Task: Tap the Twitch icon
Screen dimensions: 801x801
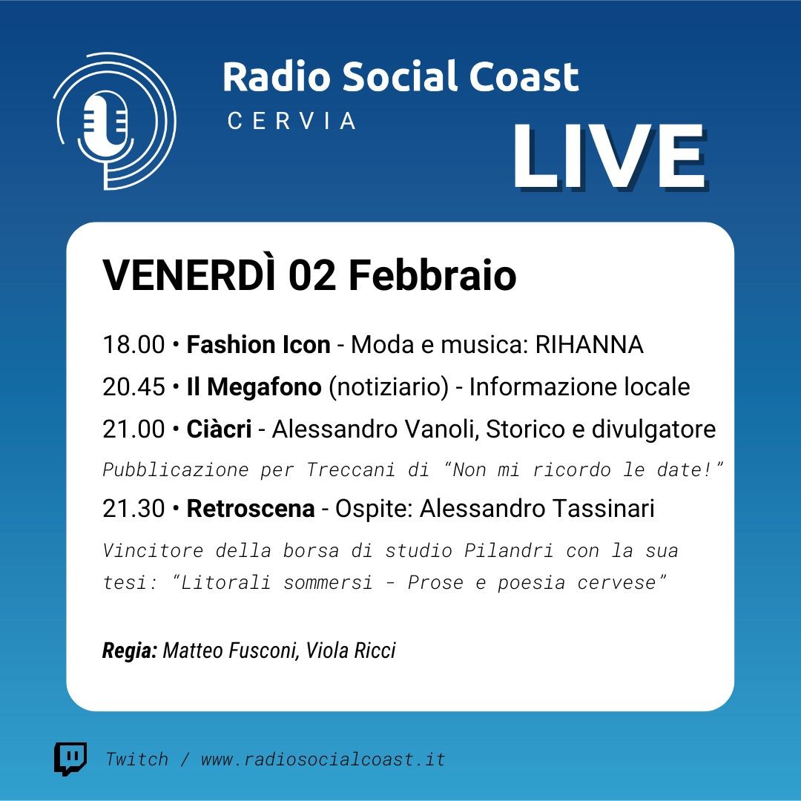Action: (x=70, y=759)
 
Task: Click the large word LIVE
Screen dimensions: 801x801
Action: (x=610, y=157)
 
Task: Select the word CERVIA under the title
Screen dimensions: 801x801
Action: (x=291, y=121)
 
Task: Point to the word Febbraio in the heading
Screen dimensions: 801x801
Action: (x=432, y=275)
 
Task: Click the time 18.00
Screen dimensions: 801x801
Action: (x=133, y=344)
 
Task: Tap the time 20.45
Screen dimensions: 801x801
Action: (x=133, y=386)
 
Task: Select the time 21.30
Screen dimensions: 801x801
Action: (x=133, y=508)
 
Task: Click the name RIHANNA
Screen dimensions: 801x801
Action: (x=589, y=344)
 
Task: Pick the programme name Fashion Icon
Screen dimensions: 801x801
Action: (x=259, y=344)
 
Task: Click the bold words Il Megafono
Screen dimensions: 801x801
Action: (x=254, y=386)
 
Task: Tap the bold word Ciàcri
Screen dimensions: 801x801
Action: (x=219, y=429)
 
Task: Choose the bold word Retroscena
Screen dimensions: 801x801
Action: (x=251, y=508)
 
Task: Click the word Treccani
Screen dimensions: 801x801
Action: (x=350, y=469)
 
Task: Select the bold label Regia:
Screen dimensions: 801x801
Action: (x=130, y=651)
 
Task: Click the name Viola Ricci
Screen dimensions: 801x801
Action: (x=350, y=650)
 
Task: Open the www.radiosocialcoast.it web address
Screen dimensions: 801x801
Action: (x=323, y=759)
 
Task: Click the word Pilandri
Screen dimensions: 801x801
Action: (x=509, y=550)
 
